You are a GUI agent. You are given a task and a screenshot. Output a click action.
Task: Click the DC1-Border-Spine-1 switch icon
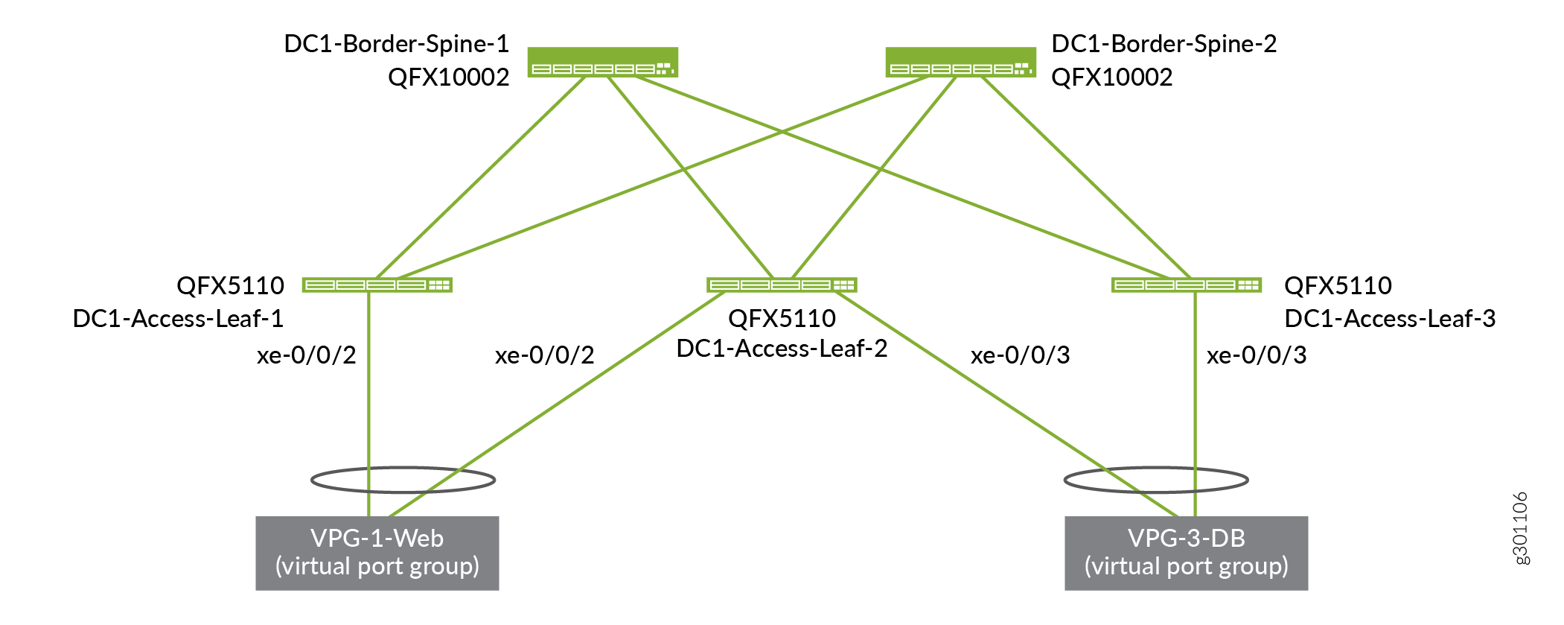point(602,62)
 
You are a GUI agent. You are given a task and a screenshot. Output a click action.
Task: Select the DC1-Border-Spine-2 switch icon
point(960,62)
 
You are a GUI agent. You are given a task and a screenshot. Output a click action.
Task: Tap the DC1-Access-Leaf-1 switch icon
point(377,285)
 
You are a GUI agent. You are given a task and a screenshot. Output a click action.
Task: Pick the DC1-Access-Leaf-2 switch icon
point(782,285)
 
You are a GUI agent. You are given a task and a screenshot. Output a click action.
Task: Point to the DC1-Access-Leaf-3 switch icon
point(1187,285)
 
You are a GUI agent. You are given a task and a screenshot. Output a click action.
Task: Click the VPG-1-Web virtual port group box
point(377,553)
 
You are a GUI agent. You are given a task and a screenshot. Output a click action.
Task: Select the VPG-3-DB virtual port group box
point(1186,553)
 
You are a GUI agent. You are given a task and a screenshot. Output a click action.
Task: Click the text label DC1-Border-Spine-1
point(397,44)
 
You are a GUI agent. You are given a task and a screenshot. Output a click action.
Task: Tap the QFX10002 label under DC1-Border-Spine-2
point(1112,77)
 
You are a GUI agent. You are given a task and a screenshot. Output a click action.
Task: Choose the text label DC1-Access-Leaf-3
point(1390,319)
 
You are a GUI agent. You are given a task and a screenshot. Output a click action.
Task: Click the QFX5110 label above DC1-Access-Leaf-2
point(782,319)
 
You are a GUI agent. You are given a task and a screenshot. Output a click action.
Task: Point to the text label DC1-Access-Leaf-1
point(178,319)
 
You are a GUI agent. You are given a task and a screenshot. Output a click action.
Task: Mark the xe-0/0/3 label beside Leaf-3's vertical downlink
point(1257,355)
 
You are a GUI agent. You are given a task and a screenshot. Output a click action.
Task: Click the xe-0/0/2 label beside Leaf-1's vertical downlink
point(307,355)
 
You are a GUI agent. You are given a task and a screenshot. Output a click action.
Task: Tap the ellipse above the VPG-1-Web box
point(403,480)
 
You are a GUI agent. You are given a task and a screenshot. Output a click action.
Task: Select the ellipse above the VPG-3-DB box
point(1156,480)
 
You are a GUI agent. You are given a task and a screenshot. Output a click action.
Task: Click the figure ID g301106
point(1521,528)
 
